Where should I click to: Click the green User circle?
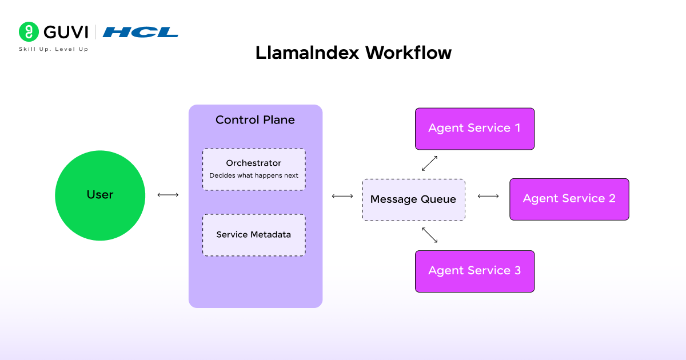100,195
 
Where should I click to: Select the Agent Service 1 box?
474,129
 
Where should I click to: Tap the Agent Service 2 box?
569,199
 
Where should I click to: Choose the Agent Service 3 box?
474,271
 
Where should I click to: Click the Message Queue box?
413,199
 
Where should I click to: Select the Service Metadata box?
254,235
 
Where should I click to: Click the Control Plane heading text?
255,120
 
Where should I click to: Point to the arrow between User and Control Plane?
168,195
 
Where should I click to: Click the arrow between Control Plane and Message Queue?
342,197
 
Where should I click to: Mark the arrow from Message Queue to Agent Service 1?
429,163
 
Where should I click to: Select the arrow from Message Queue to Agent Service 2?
488,197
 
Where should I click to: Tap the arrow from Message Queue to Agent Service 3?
430,235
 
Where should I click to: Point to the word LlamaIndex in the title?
308,53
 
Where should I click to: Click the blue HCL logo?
141,32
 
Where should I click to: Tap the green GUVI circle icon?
29,31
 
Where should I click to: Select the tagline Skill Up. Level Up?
54,49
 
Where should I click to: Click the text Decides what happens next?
254,175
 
